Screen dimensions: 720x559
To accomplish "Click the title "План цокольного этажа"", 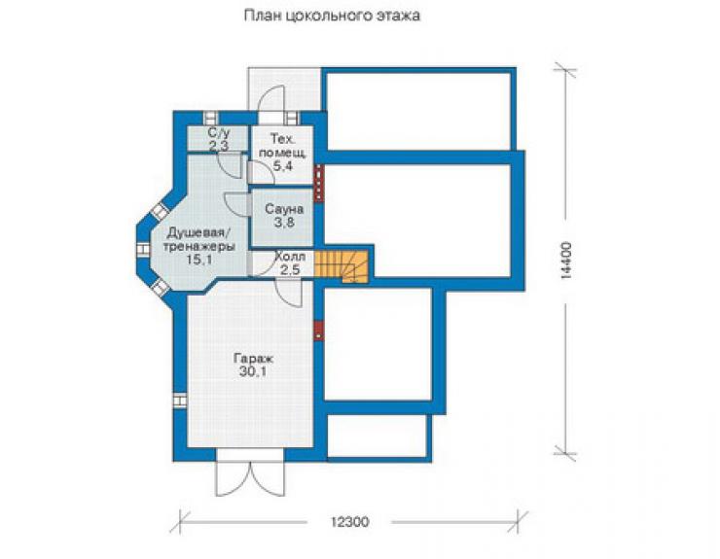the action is tap(332, 16).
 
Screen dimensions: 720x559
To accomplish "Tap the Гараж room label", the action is tap(253, 358).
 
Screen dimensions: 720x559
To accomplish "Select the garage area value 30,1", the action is tap(253, 372).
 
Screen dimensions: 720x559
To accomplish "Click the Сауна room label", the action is tap(284, 209).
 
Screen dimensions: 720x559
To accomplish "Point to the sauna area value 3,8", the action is tap(284, 223).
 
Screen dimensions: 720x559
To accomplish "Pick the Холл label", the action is tap(290, 256).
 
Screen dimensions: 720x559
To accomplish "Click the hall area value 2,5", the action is tap(290, 269).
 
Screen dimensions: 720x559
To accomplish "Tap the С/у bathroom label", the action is tap(219, 133).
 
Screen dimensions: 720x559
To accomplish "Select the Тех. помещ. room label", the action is tap(282, 146).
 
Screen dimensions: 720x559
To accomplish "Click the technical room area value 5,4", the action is tap(282, 165).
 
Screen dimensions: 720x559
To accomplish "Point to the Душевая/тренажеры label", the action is tap(199, 239).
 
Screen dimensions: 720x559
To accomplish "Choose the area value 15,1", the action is tap(198, 260).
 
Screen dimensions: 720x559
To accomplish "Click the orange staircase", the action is tap(342, 265).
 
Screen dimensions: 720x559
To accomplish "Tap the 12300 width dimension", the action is tap(349, 522).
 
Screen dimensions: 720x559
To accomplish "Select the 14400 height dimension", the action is tap(566, 261).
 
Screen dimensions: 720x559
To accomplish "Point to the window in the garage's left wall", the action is tap(180, 401).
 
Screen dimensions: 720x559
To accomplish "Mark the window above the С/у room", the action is tap(211, 118).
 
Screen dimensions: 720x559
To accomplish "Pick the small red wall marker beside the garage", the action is tap(318, 331).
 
